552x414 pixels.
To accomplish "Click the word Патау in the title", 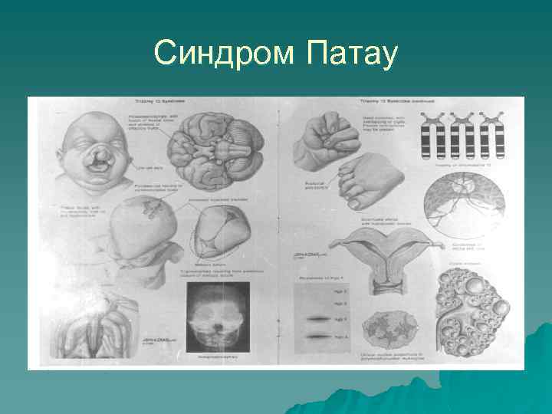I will [351, 54].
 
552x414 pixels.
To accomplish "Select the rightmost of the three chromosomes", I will [495, 137].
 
